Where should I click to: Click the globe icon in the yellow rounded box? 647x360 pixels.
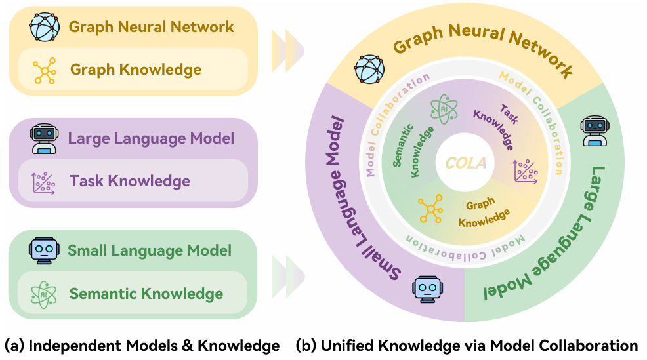(x=44, y=27)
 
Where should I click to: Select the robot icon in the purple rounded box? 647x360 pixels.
(x=43, y=139)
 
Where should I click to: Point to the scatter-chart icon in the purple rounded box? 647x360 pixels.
(x=44, y=182)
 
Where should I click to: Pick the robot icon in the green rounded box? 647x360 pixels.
(x=43, y=250)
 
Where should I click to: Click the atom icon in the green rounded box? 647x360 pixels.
(x=44, y=294)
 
